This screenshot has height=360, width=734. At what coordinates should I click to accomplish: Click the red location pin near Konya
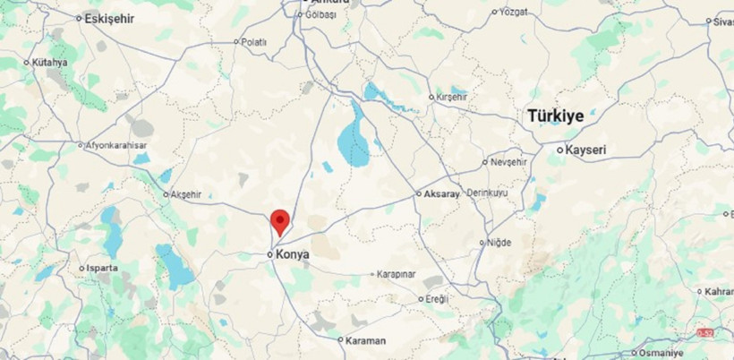point(280,220)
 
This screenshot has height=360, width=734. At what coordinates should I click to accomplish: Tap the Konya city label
point(293,255)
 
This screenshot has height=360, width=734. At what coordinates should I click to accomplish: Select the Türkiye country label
point(555,116)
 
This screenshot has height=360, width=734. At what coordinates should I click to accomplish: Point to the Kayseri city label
point(587,150)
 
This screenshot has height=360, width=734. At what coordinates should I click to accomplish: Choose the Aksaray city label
point(442,193)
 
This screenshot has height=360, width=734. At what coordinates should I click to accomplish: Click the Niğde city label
point(499,242)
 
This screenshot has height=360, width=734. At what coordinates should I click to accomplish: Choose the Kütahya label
point(50,63)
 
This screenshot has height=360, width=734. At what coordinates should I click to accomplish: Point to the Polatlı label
point(254,41)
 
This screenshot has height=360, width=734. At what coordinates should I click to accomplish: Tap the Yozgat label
point(514,13)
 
